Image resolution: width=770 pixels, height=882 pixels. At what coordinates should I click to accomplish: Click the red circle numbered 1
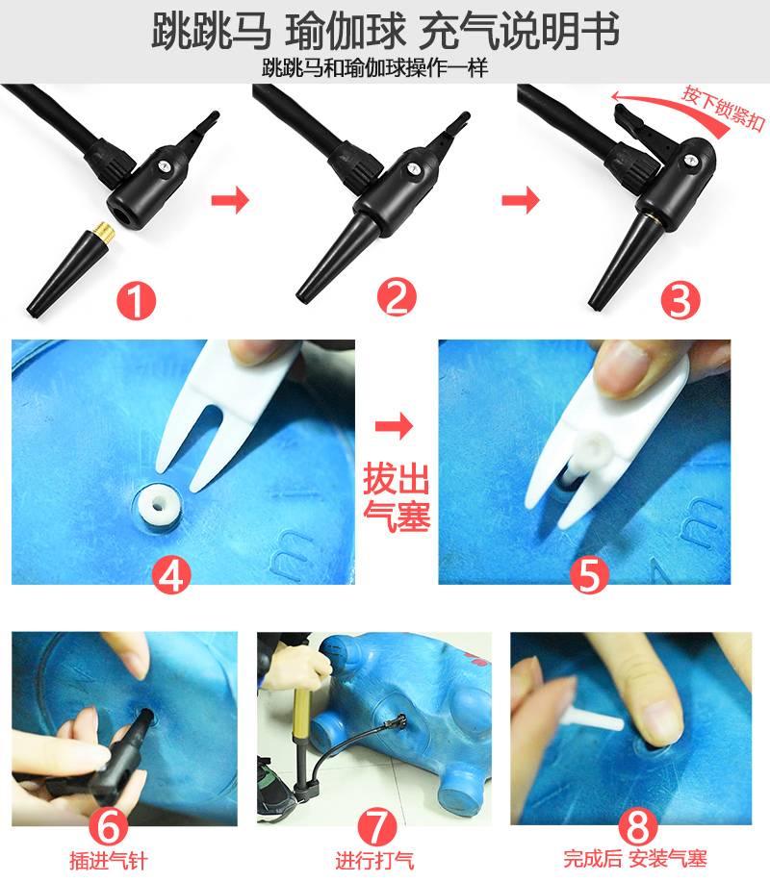[x=135, y=301]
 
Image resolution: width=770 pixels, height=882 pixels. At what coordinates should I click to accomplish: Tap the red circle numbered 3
[x=680, y=300]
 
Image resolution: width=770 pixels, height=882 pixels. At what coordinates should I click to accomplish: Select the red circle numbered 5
[x=589, y=574]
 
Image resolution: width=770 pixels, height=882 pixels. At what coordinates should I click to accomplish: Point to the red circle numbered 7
[x=377, y=827]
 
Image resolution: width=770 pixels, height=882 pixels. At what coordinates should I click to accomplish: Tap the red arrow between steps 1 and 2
[x=230, y=200]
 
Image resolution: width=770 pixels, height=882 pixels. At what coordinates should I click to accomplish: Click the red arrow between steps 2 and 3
[x=520, y=200]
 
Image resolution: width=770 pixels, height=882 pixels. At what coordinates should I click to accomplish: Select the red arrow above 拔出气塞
[x=394, y=426]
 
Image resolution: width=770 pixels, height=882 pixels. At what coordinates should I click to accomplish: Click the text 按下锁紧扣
[x=723, y=108]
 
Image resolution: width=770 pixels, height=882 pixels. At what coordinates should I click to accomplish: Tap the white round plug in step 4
[x=158, y=504]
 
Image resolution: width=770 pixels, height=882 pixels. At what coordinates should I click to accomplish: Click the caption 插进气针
[x=109, y=861]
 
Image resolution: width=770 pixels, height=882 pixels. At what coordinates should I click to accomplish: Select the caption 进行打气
[x=374, y=861]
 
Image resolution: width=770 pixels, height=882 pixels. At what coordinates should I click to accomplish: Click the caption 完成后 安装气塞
[x=635, y=859]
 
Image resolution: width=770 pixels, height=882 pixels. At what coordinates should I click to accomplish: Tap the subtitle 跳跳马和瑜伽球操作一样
[x=374, y=68]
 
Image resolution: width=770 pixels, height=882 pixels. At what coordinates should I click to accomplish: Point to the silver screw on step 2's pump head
[x=414, y=168]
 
